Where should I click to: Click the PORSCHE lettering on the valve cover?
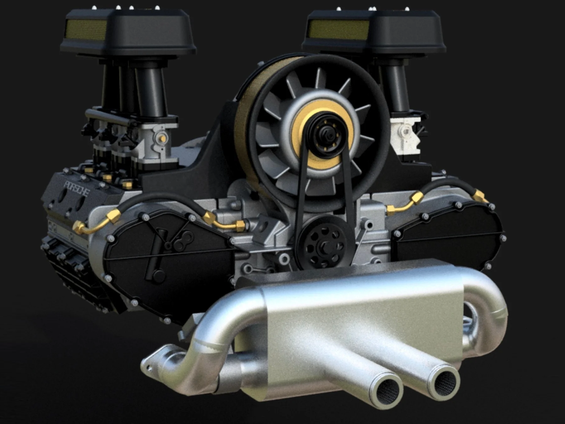[77, 188]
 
